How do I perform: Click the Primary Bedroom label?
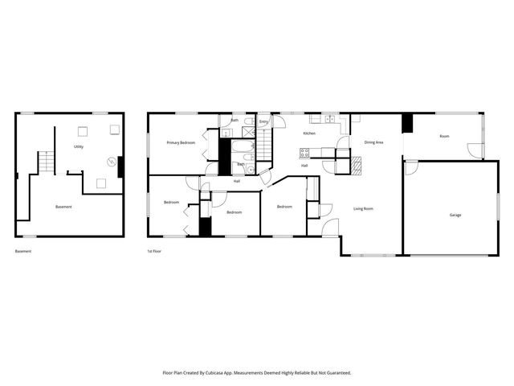click(181, 142)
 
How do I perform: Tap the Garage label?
click(455, 215)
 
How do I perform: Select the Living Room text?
click(364, 209)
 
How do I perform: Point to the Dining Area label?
click(373, 142)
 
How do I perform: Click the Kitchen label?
click(308, 133)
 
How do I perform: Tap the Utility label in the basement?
click(79, 147)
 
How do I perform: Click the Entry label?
click(263, 122)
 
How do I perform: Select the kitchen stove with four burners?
click(305, 152)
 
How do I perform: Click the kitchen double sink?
click(329, 119)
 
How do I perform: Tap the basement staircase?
click(47, 162)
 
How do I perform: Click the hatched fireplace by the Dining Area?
click(356, 166)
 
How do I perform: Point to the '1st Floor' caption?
click(155, 252)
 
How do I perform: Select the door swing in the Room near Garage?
click(475, 150)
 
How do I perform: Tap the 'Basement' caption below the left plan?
click(23, 252)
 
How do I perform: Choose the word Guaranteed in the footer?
click(339, 373)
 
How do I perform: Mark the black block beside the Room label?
click(406, 124)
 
